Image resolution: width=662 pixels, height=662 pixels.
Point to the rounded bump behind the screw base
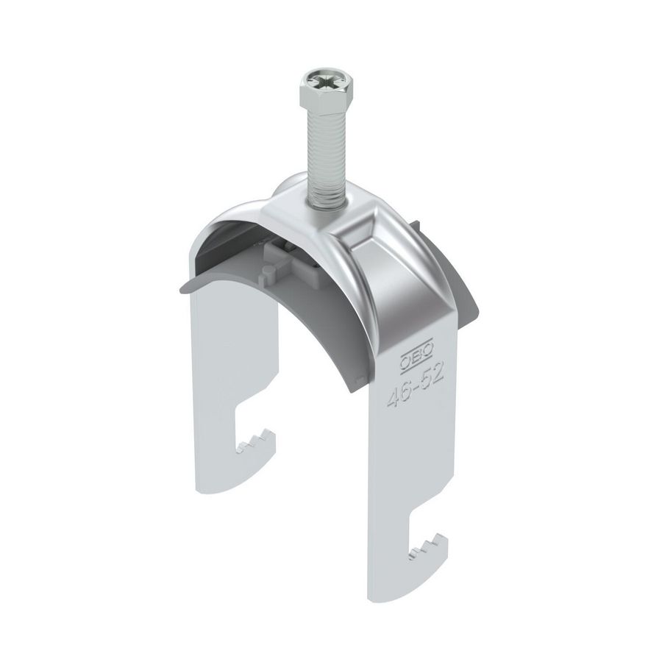click(x=291, y=188)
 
